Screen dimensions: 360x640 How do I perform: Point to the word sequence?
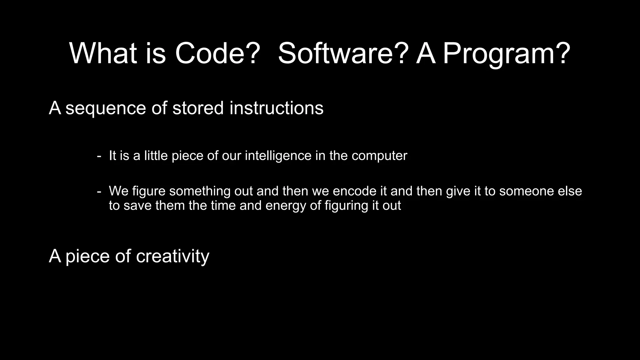tap(106, 108)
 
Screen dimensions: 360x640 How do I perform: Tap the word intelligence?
tap(278, 156)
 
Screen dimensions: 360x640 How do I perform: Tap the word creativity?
tap(172, 256)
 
